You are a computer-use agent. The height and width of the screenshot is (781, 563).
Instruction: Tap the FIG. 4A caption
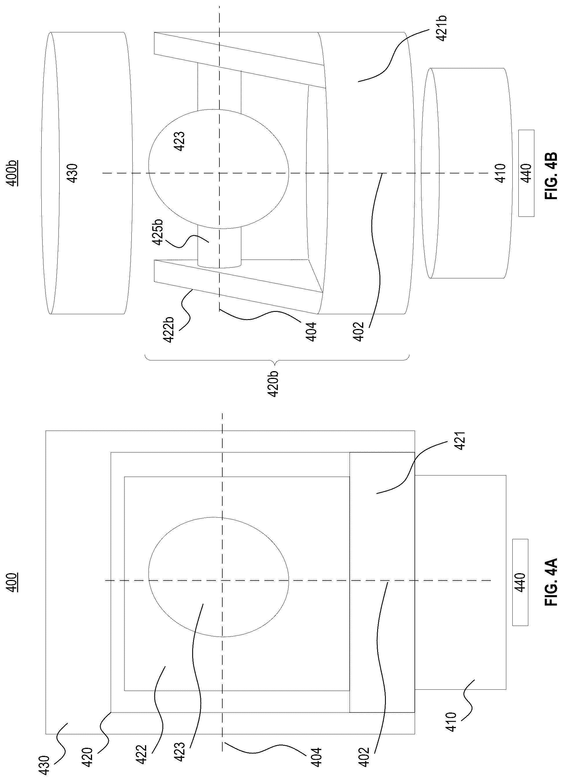click(551, 582)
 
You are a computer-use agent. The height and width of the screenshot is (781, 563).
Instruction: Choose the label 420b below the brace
click(274, 384)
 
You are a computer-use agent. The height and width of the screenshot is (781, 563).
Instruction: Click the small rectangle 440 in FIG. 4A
click(520, 582)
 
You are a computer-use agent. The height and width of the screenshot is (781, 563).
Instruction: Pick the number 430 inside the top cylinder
click(74, 173)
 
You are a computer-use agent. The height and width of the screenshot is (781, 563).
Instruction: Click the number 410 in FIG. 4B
click(500, 173)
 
